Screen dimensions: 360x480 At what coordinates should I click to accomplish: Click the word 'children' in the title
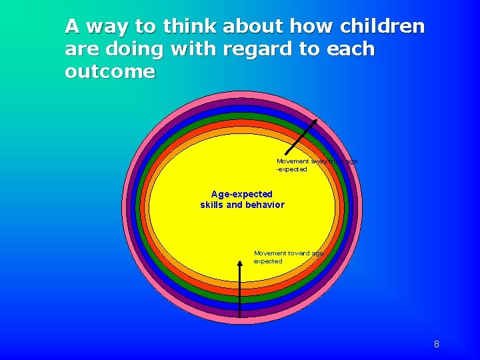coord(382,27)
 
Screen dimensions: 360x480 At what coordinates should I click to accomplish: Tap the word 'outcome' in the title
coord(110,72)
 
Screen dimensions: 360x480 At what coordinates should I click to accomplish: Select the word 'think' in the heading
coord(189,27)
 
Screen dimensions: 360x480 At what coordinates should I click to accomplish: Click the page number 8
coord(436,345)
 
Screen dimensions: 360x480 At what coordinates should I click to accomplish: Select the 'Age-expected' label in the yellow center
coord(242,194)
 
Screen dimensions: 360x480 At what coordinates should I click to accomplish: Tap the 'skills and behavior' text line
coord(242,205)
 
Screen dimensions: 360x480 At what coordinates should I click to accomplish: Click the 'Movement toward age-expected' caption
coord(288,257)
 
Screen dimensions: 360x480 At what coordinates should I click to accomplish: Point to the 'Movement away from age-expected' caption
coord(316,165)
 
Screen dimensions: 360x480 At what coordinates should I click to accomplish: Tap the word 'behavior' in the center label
coord(265,205)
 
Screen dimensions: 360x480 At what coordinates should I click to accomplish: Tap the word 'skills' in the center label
coord(212,205)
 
